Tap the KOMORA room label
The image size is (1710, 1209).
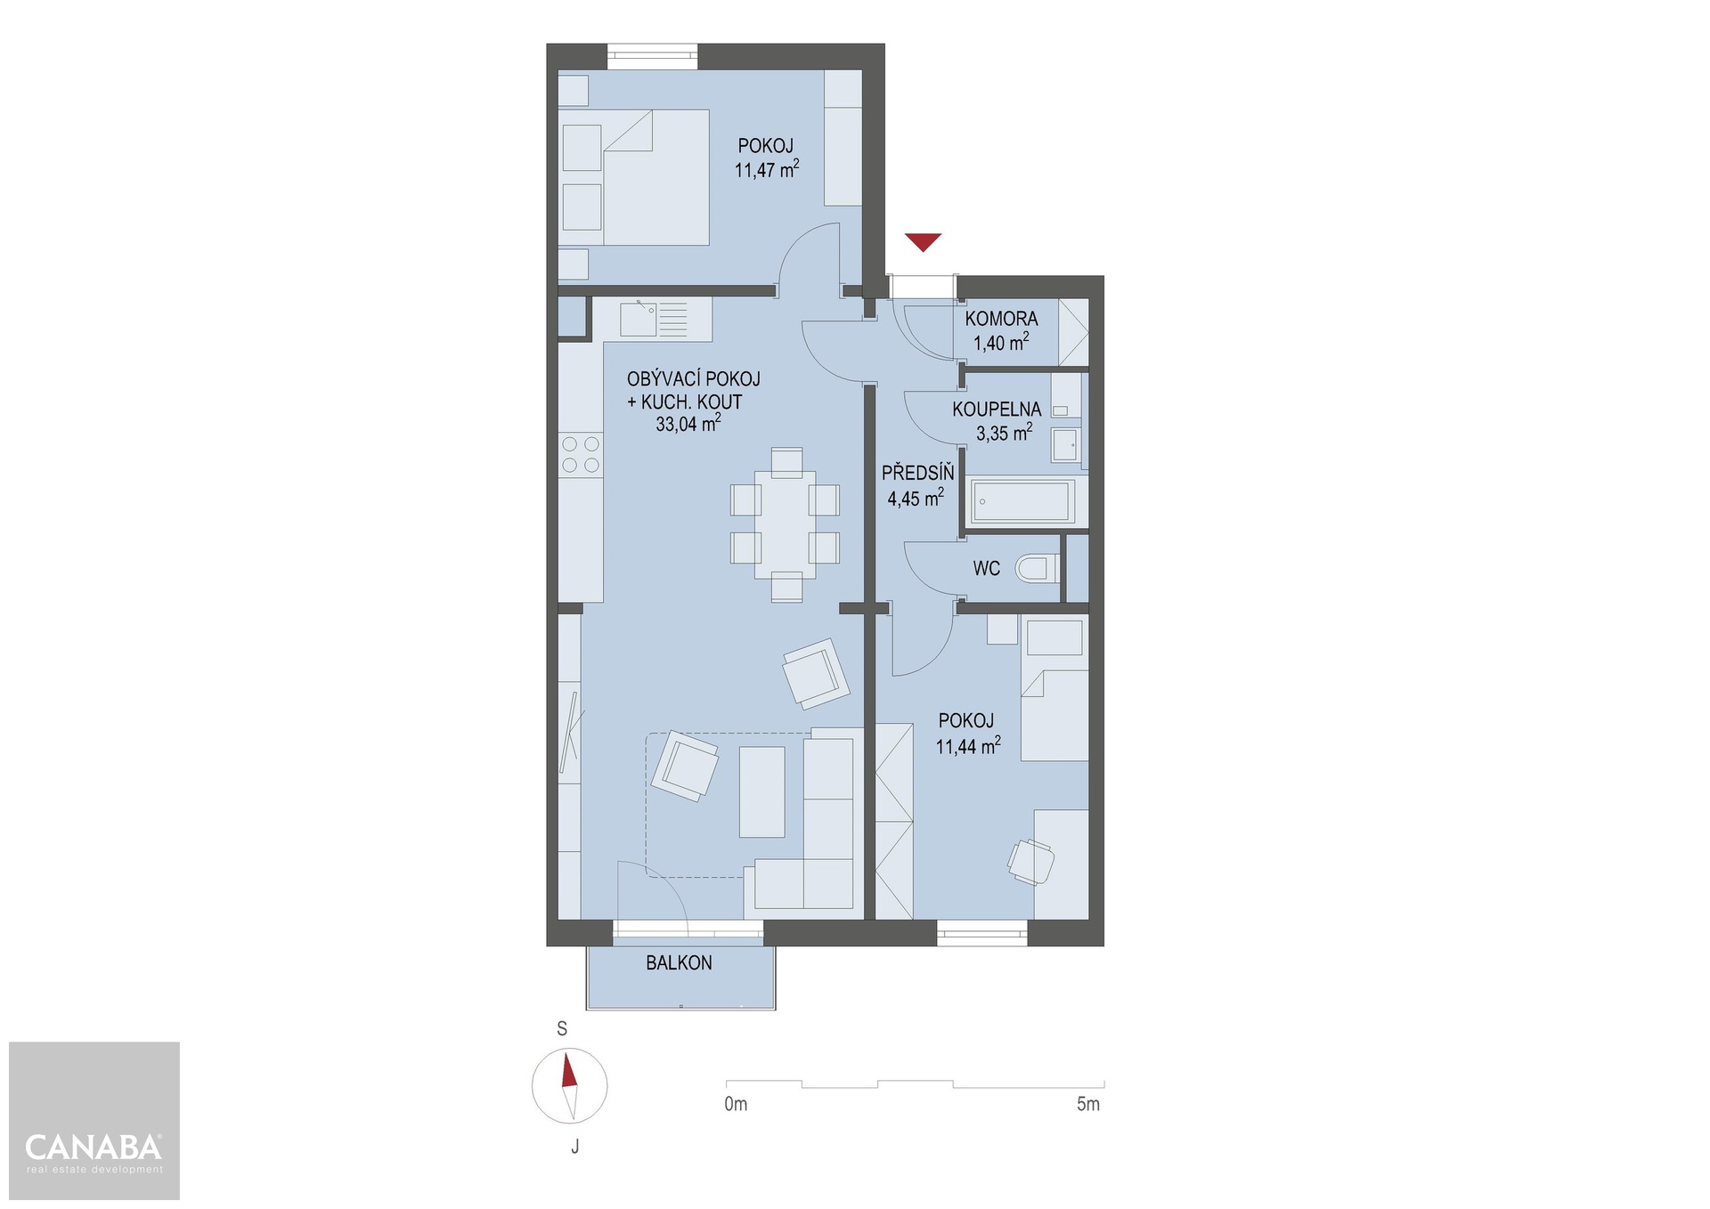(1001, 319)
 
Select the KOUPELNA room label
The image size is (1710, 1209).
(997, 410)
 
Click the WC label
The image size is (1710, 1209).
(987, 569)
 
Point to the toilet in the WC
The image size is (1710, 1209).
(1038, 568)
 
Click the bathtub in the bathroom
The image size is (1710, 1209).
(1022, 502)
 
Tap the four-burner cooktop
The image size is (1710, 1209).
(581, 454)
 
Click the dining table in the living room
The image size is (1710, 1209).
(785, 525)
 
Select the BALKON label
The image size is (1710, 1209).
(679, 963)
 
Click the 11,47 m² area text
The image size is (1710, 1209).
(766, 169)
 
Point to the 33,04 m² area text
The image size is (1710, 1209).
(688, 424)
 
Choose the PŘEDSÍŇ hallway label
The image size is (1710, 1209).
(917, 474)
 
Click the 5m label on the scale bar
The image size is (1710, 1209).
(1088, 1105)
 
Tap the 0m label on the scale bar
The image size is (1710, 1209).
(736, 1105)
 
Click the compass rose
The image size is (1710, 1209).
(569, 1086)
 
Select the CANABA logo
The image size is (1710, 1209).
(94, 1153)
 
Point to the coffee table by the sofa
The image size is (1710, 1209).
(762, 791)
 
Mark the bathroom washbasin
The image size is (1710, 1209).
(1065, 444)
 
